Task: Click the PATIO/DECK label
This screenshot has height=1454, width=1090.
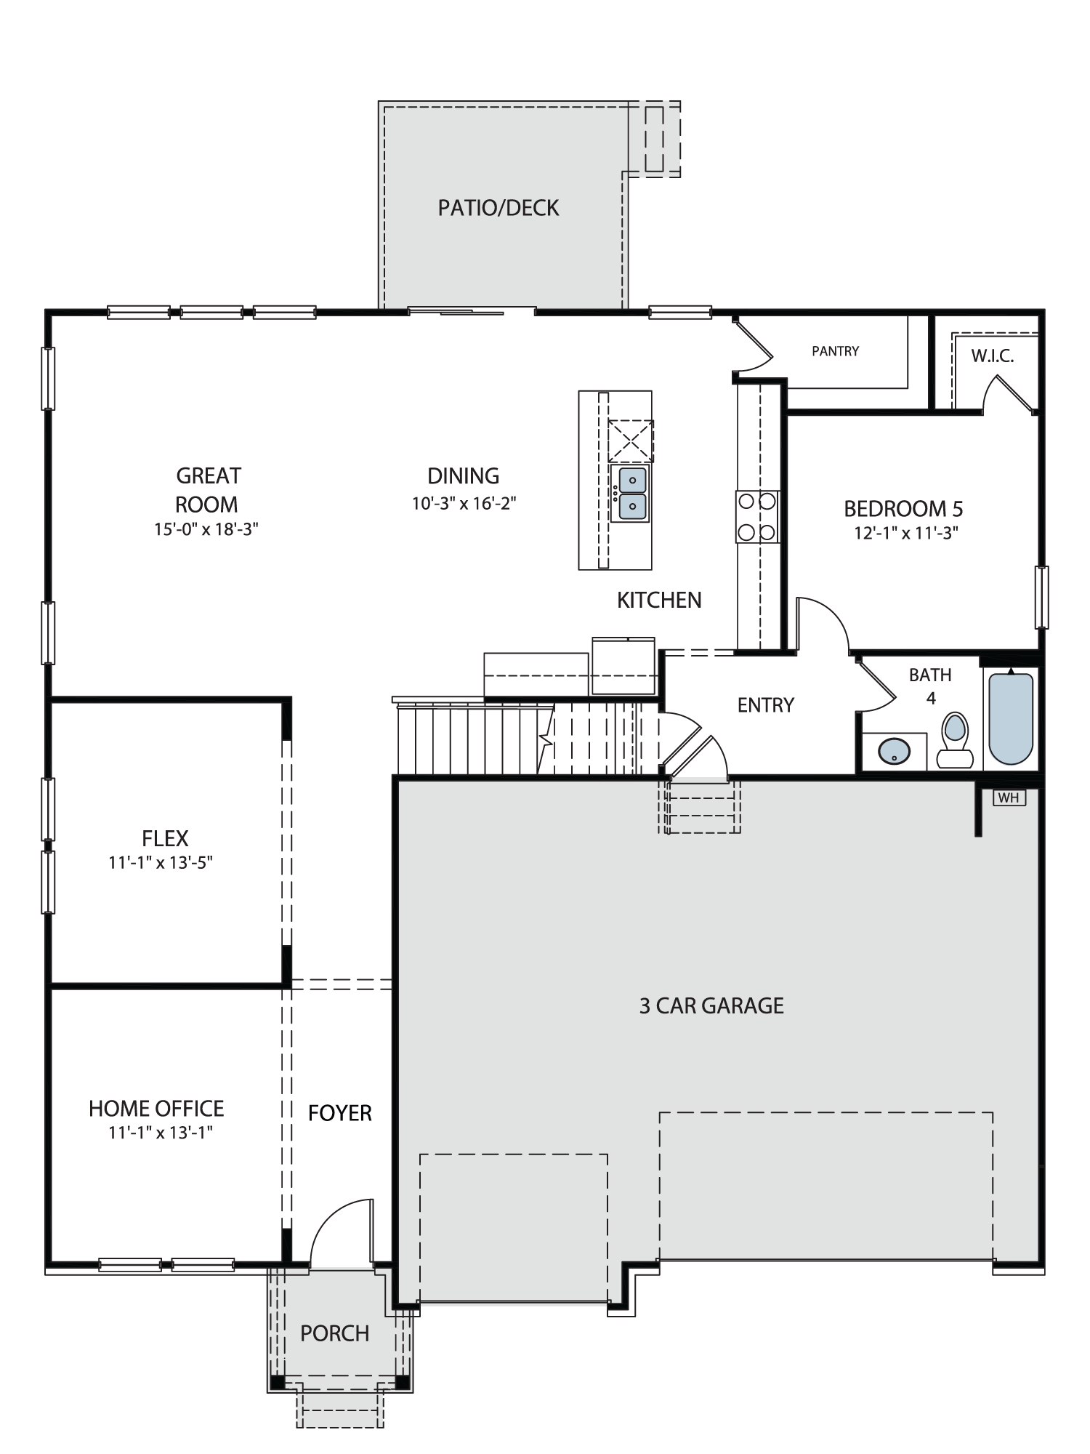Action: pos(498,208)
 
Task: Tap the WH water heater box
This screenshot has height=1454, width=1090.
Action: pos(1009,798)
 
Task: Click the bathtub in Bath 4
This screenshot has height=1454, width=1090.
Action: pos(1011,718)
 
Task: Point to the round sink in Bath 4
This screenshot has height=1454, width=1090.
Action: pos(894,751)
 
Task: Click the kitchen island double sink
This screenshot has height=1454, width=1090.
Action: pos(630,494)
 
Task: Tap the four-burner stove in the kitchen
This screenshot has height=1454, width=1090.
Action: pos(757,516)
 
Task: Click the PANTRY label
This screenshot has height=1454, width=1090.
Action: pos(836,351)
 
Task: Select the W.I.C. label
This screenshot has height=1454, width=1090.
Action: pos(993,356)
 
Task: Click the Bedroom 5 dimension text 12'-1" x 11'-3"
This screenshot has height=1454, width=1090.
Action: pos(906,533)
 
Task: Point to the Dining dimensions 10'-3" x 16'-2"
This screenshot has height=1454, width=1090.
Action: pos(464,503)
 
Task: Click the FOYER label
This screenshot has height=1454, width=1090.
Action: pos(340,1113)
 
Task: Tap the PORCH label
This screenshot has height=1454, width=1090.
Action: pos(335,1333)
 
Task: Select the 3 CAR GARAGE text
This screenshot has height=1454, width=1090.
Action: pos(711,1005)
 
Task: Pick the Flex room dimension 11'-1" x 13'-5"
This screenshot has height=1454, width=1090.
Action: pos(161,863)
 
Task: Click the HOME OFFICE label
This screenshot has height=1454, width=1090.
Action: pos(156,1109)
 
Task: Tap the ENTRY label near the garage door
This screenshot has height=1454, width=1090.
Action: pos(766,704)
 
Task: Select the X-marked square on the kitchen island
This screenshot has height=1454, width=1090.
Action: pos(631,441)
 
